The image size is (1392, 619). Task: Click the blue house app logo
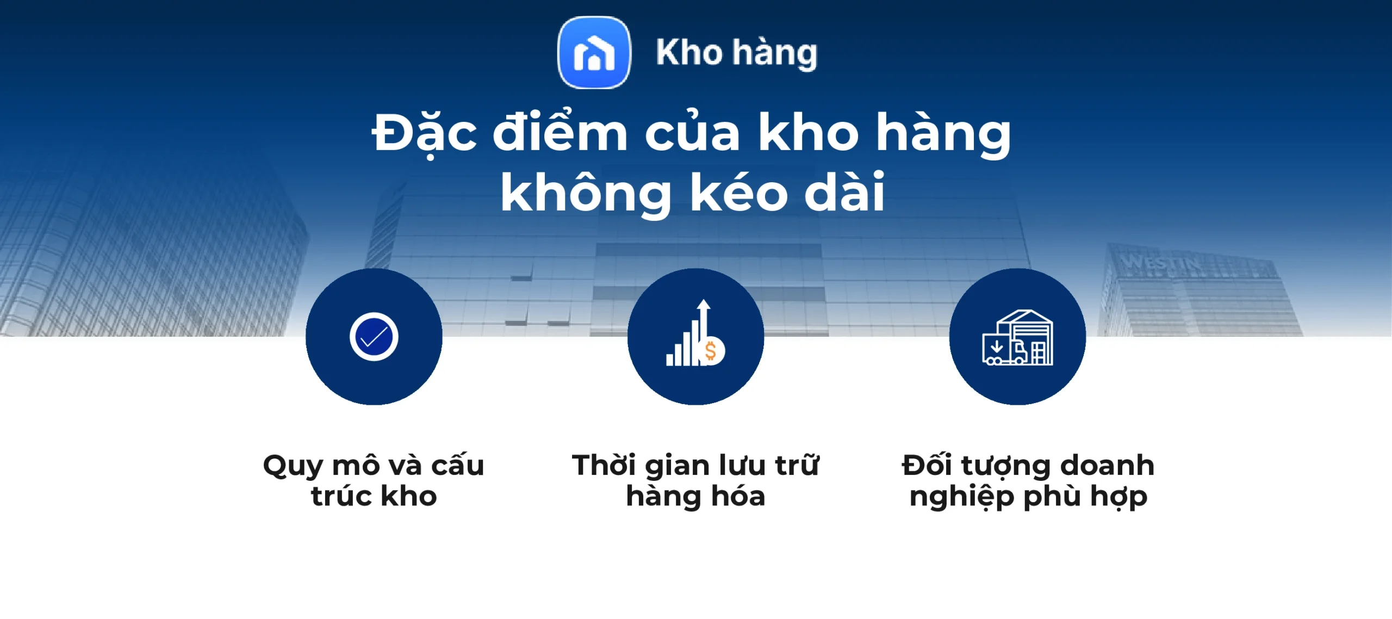[x=594, y=52]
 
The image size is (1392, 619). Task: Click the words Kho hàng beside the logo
[x=736, y=53]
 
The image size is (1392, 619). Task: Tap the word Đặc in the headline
[x=425, y=134]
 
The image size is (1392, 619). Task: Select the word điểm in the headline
[x=560, y=133]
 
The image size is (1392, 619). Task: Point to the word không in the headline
[x=586, y=193]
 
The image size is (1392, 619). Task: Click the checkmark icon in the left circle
[x=374, y=337]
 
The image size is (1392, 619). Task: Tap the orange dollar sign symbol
[x=711, y=351]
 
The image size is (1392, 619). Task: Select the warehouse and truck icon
[x=1017, y=338]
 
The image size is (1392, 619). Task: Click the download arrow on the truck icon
[x=997, y=346]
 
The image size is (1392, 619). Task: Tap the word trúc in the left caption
[x=340, y=496]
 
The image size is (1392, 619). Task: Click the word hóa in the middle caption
[x=738, y=496]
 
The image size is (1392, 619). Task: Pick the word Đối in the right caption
[x=927, y=466]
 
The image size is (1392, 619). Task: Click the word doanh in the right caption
[x=1107, y=466]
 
